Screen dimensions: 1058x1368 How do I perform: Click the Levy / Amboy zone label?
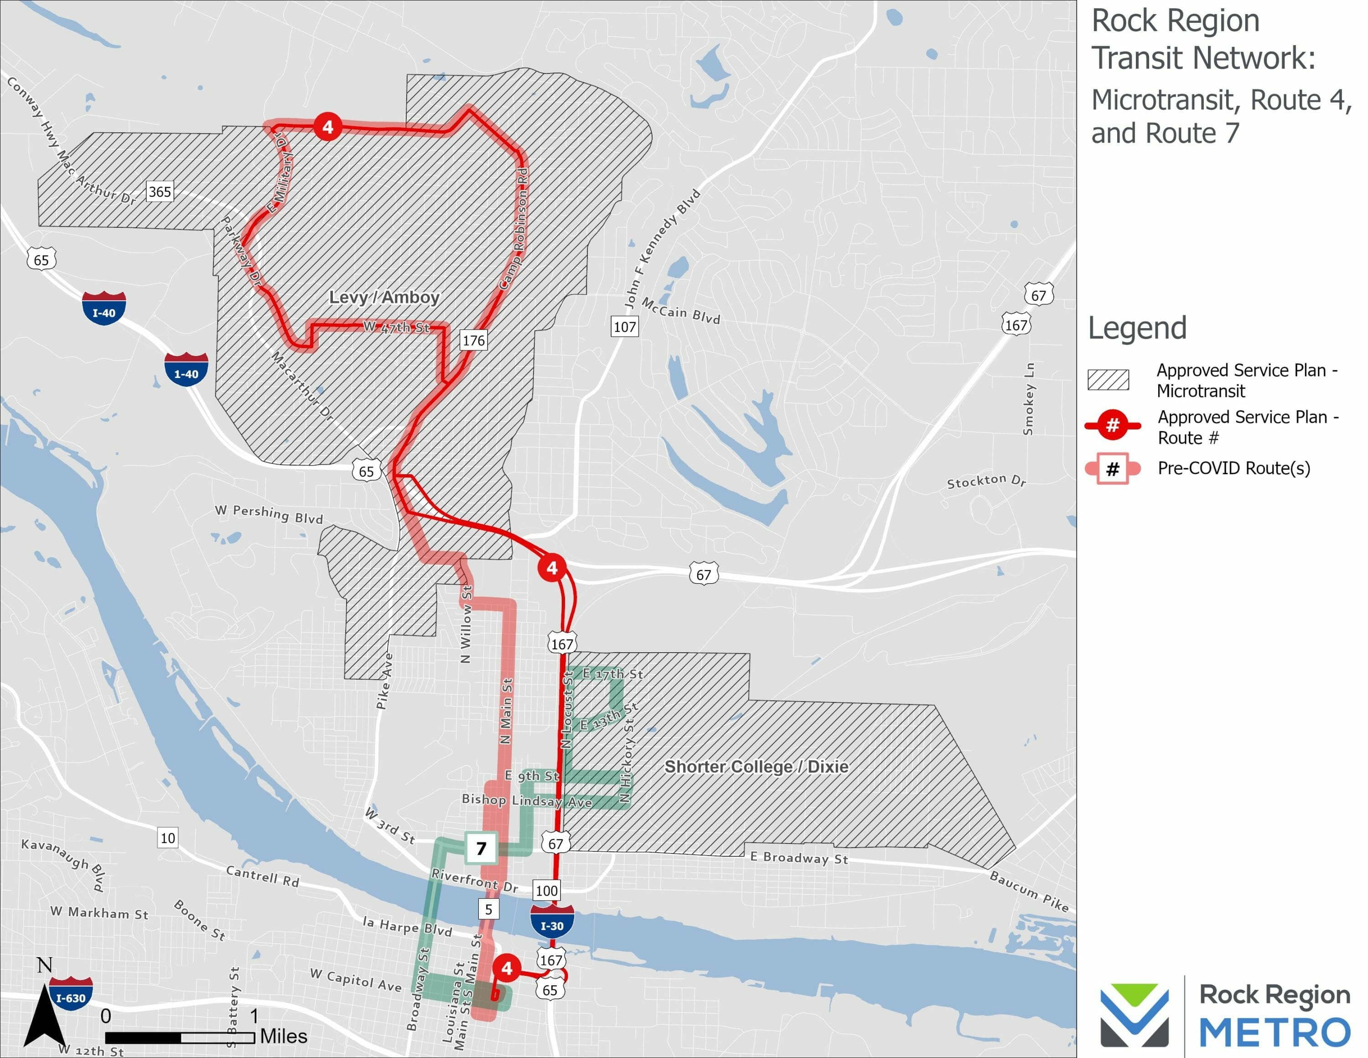pyautogui.click(x=384, y=297)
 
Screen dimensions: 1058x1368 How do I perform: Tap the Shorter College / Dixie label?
pyautogui.click(x=756, y=766)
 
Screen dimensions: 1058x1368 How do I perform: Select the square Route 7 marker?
pyautogui.click(x=481, y=848)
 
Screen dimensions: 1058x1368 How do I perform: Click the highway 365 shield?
pyautogui.click(x=160, y=192)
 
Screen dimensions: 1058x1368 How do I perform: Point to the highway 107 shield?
pyautogui.click(x=625, y=326)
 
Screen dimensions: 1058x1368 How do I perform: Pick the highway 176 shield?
pyautogui.click(x=473, y=340)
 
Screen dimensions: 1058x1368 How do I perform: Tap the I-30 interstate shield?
pyautogui.click(x=552, y=922)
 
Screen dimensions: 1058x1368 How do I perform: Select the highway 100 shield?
pyautogui.click(x=546, y=890)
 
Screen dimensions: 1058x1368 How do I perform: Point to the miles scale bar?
pyautogui.click(x=180, y=1038)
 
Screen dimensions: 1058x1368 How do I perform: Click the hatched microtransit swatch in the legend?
pyautogui.click(x=1108, y=380)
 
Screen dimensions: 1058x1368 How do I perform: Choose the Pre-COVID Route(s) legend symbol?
pyautogui.click(x=1113, y=469)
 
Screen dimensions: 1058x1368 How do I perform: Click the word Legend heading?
pyautogui.click(x=1137, y=328)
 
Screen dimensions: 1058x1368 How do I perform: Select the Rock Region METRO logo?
pyautogui.click(x=1224, y=1014)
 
